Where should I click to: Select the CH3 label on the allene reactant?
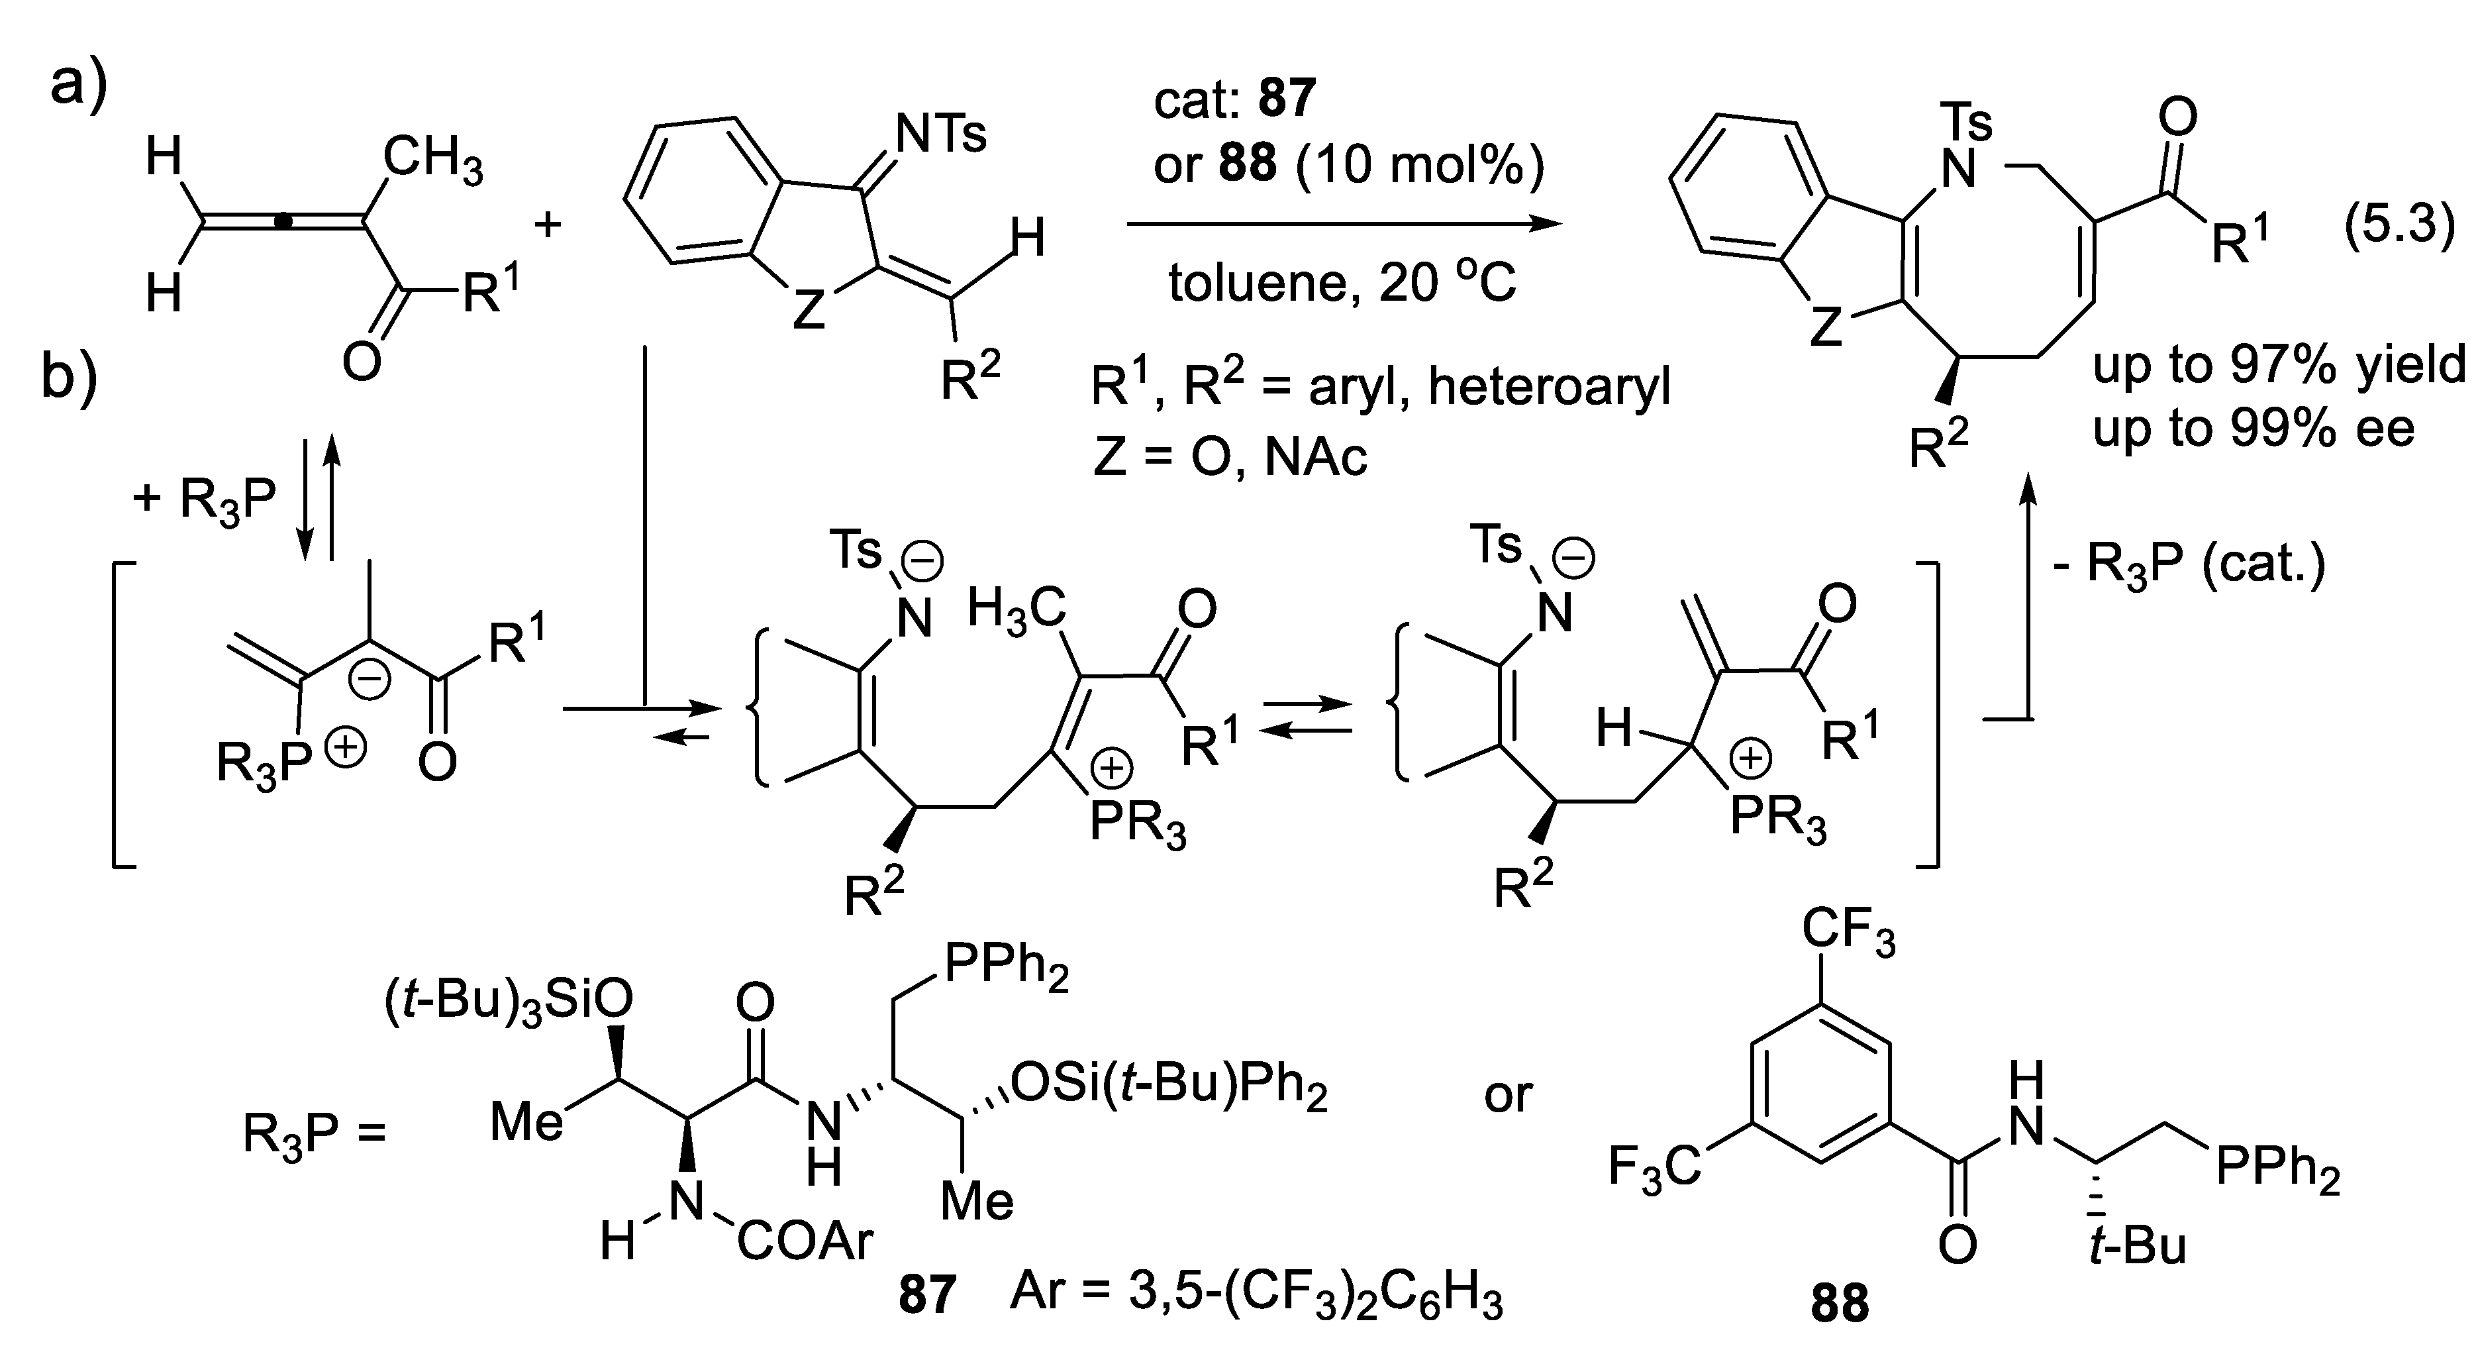pos(433,159)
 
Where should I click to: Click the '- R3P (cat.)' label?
pos(2189,564)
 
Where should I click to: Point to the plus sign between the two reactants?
pos(548,225)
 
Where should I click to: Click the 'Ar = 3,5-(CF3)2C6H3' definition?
pos(1256,1294)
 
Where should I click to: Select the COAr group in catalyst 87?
pos(804,1242)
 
